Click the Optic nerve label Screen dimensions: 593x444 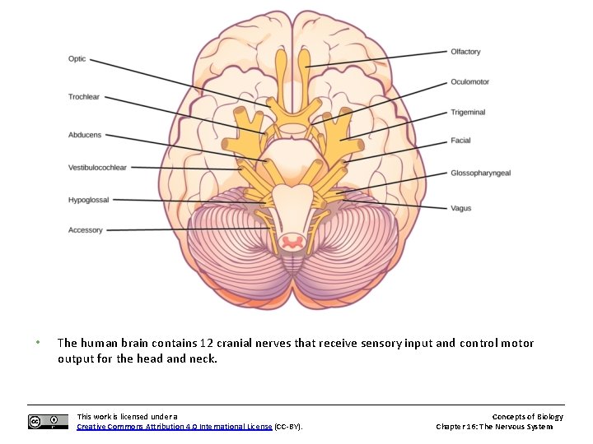77,59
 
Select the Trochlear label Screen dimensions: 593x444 83,97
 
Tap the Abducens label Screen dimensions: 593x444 85,135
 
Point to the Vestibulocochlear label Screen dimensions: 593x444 97,168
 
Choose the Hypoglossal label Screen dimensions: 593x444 88,200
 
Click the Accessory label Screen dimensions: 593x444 86,230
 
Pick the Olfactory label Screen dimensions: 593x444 465,52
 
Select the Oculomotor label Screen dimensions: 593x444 469,82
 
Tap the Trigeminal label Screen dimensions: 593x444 468,113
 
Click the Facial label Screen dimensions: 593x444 460,141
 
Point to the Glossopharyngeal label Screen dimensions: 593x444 481,173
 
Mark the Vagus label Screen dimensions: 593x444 460,209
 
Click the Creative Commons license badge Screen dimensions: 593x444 48,422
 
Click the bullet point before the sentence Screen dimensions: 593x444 37,343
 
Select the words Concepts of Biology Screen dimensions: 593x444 527,417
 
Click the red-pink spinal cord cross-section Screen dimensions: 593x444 291,241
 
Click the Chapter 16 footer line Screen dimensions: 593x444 494,427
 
